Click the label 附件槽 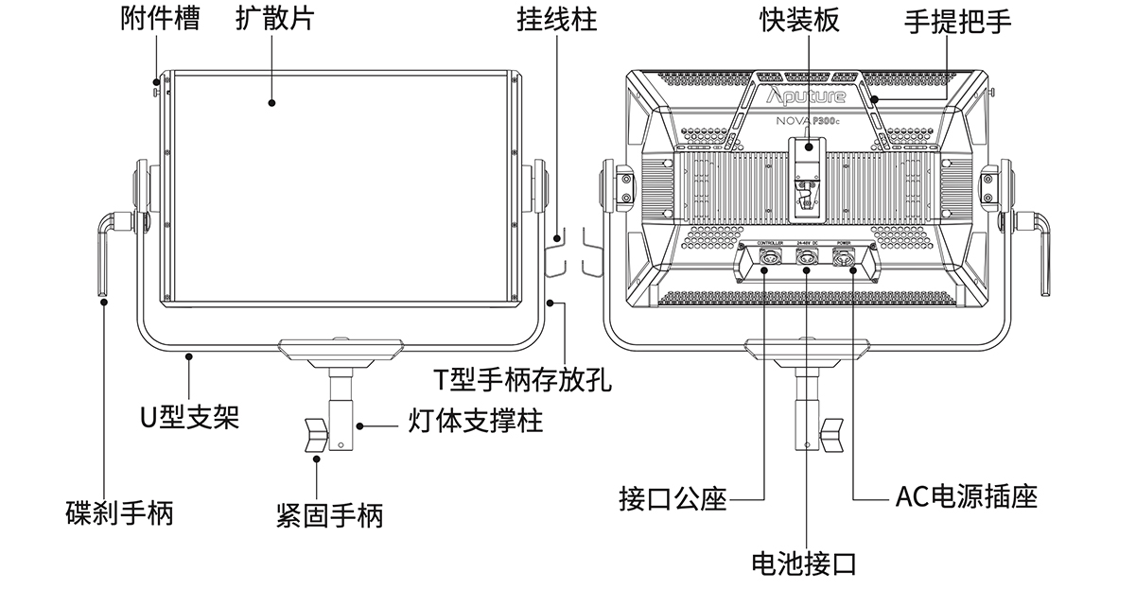pyautogui.click(x=161, y=20)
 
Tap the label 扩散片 pyautogui.click(x=275, y=20)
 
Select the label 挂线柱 pyautogui.click(x=556, y=20)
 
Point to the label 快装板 pyautogui.click(x=799, y=20)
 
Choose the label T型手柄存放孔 pyautogui.click(x=522, y=379)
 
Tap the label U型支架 pyautogui.click(x=189, y=417)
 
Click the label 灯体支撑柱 pyautogui.click(x=476, y=421)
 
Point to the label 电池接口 pyautogui.click(x=803, y=564)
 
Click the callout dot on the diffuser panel pyautogui.click(x=271, y=103)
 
